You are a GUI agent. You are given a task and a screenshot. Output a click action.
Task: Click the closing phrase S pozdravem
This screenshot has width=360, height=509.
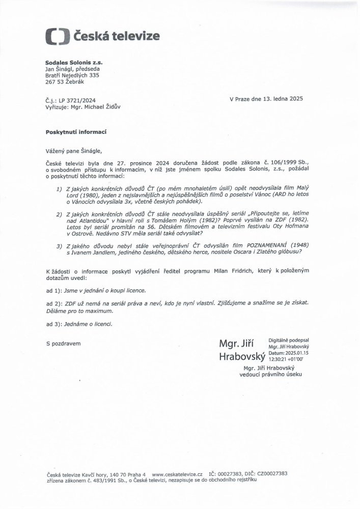[63, 344]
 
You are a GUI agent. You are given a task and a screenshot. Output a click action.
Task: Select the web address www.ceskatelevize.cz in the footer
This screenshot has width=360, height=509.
[177, 473]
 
